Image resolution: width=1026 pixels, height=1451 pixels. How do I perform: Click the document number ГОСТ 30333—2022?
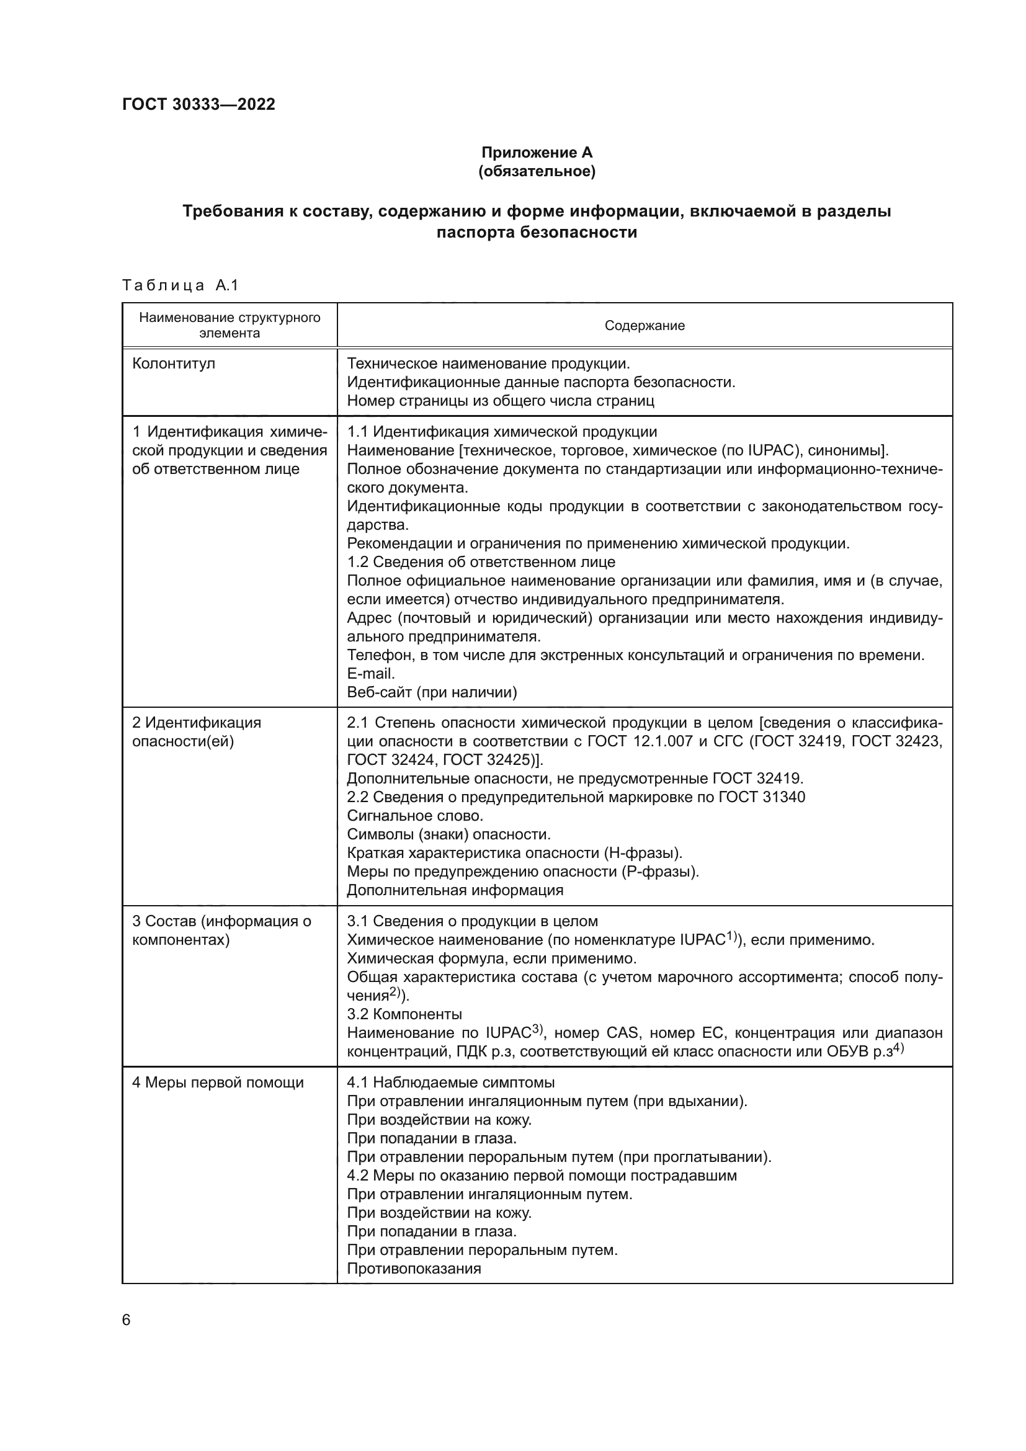click(199, 104)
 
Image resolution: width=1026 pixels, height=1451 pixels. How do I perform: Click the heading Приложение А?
click(537, 153)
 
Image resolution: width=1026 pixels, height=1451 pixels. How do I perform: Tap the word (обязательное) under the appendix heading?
click(537, 171)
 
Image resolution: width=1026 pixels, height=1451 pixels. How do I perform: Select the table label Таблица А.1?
click(180, 285)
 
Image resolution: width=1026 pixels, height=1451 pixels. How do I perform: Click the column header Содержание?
click(645, 326)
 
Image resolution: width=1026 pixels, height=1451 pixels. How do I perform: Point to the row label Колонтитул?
click(174, 364)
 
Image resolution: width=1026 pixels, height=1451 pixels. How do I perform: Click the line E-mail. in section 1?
click(371, 674)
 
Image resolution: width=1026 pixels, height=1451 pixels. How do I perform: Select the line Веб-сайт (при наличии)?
click(432, 693)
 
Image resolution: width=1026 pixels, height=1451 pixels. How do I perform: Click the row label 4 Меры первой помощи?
click(218, 1083)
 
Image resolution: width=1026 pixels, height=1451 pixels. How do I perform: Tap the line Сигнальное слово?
click(415, 816)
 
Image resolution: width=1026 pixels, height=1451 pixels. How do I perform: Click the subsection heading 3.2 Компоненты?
click(404, 1014)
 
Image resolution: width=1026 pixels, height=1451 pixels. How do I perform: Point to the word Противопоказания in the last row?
click(414, 1269)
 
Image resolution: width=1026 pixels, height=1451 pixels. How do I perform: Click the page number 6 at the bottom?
click(127, 1320)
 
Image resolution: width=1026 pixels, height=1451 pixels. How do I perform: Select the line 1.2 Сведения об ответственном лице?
click(481, 562)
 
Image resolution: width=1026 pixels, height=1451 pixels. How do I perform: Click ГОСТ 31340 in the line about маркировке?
click(762, 797)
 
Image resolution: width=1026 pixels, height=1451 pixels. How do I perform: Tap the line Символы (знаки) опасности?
click(448, 834)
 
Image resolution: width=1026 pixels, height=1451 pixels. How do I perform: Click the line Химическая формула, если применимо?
click(491, 958)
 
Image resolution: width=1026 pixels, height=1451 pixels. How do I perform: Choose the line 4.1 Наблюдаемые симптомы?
click(450, 1083)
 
